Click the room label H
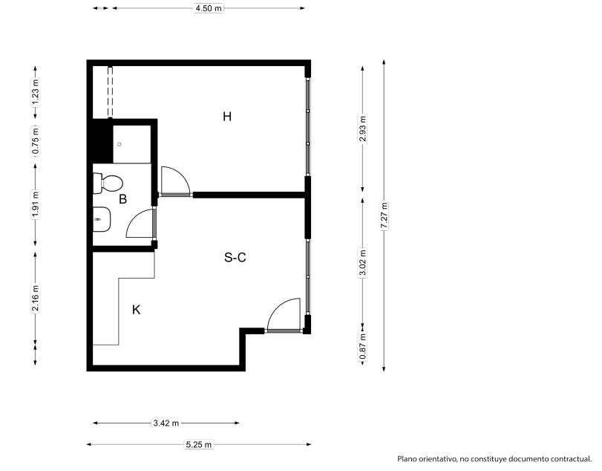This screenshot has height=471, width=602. coord(227,117)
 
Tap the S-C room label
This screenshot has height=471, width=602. coord(235,257)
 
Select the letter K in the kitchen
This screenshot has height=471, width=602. coord(136,310)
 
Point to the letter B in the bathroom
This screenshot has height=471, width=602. coord(123,199)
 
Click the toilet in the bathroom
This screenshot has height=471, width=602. coord(108,183)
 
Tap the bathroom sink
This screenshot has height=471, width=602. coord(102,219)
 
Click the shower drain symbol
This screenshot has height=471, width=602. coord(120,144)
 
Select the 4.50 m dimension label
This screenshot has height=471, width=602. coord(209,8)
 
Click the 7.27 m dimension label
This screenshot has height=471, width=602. coord(384,215)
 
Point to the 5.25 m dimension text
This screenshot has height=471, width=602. coord(199,444)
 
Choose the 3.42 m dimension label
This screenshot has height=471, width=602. coord(166,423)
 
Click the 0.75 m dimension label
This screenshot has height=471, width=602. coord(36,140)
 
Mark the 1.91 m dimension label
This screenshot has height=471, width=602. coord(36,204)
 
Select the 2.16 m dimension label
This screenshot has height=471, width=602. coord(36,298)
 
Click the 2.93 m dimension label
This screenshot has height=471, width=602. coord(363,129)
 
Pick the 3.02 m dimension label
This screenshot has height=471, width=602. coord(363,263)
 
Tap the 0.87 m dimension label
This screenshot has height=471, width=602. coord(363,347)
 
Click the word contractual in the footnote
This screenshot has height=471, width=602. coord(571,458)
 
